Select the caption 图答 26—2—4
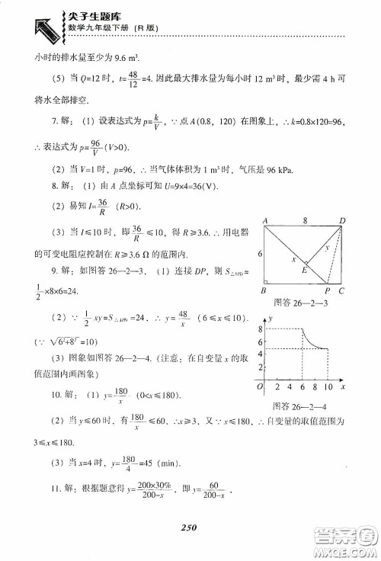(x=298, y=406)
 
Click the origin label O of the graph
(x=261, y=388)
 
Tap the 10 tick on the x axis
(x=328, y=388)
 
